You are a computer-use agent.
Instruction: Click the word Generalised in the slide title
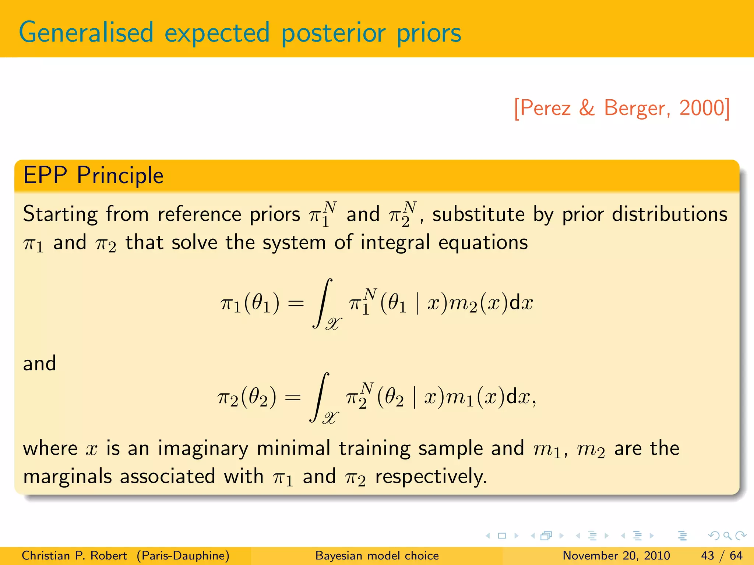86,33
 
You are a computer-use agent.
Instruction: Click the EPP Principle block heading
93,175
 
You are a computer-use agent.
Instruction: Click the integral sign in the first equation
323,303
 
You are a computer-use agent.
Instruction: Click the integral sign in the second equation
320,397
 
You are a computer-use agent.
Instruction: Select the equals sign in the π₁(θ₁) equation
296,304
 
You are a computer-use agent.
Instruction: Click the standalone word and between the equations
39,363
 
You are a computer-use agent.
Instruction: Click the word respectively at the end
431,477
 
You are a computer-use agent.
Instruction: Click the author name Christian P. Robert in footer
74,555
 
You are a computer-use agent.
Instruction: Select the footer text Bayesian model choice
377,555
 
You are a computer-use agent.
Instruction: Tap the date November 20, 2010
616,555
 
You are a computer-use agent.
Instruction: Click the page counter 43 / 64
722,555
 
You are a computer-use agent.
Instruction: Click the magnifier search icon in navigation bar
727,536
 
